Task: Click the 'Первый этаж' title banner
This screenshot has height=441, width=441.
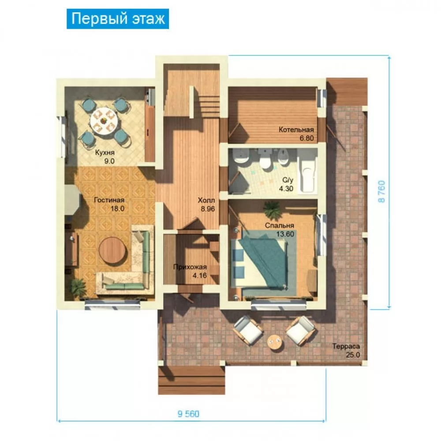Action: (x=118, y=19)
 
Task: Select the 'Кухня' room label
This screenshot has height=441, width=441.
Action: (x=105, y=152)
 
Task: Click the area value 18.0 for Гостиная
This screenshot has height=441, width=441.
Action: (x=117, y=209)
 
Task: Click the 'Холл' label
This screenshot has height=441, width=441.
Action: (x=206, y=200)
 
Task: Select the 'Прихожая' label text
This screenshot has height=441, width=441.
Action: (x=190, y=267)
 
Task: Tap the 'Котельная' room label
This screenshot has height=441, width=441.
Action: (x=296, y=130)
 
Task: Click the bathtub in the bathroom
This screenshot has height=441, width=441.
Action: (x=307, y=174)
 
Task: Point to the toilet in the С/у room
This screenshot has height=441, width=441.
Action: (x=265, y=161)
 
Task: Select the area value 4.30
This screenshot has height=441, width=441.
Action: (x=286, y=189)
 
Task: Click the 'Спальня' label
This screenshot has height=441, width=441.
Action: (x=279, y=226)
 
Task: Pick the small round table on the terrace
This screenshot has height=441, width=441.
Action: (x=275, y=343)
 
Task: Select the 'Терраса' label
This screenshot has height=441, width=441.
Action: (x=346, y=346)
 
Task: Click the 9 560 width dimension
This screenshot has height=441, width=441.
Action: (x=188, y=414)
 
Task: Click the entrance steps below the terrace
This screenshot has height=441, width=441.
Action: (x=191, y=380)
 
